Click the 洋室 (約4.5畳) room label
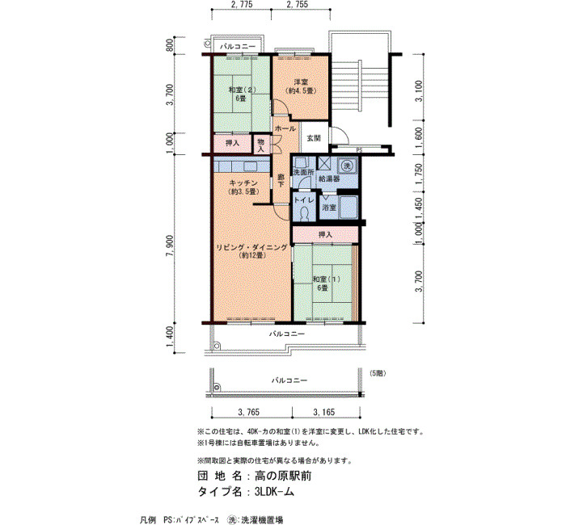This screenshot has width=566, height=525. [x=300, y=86]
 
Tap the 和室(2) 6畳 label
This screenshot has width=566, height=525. [x=241, y=94]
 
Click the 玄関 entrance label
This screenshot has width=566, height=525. [x=314, y=138]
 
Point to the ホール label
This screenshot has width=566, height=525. [x=285, y=128]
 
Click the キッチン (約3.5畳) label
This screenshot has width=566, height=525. [x=244, y=187]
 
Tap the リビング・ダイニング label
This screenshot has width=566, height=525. [x=251, y=247]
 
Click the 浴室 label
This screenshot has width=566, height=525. [x=328, y=208]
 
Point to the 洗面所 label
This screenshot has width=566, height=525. [x=303, y=172]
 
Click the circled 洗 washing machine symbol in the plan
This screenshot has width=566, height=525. [x=347, y=166]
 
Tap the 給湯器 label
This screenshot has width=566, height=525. [x=329, y=178]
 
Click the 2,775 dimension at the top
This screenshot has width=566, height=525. [x=242, y=4]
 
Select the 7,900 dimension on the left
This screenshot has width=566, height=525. [x=170, y=246]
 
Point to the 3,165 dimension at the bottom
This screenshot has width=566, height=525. [x=323, y=412]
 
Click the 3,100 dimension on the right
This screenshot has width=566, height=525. [x=419, y=90]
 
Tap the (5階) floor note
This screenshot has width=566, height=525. [x=378, y=373]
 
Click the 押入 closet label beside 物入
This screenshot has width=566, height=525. [x=233, y=143]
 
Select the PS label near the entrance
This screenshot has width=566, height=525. [x=359, y=150]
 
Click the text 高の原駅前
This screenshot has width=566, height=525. [x=283, y=476]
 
